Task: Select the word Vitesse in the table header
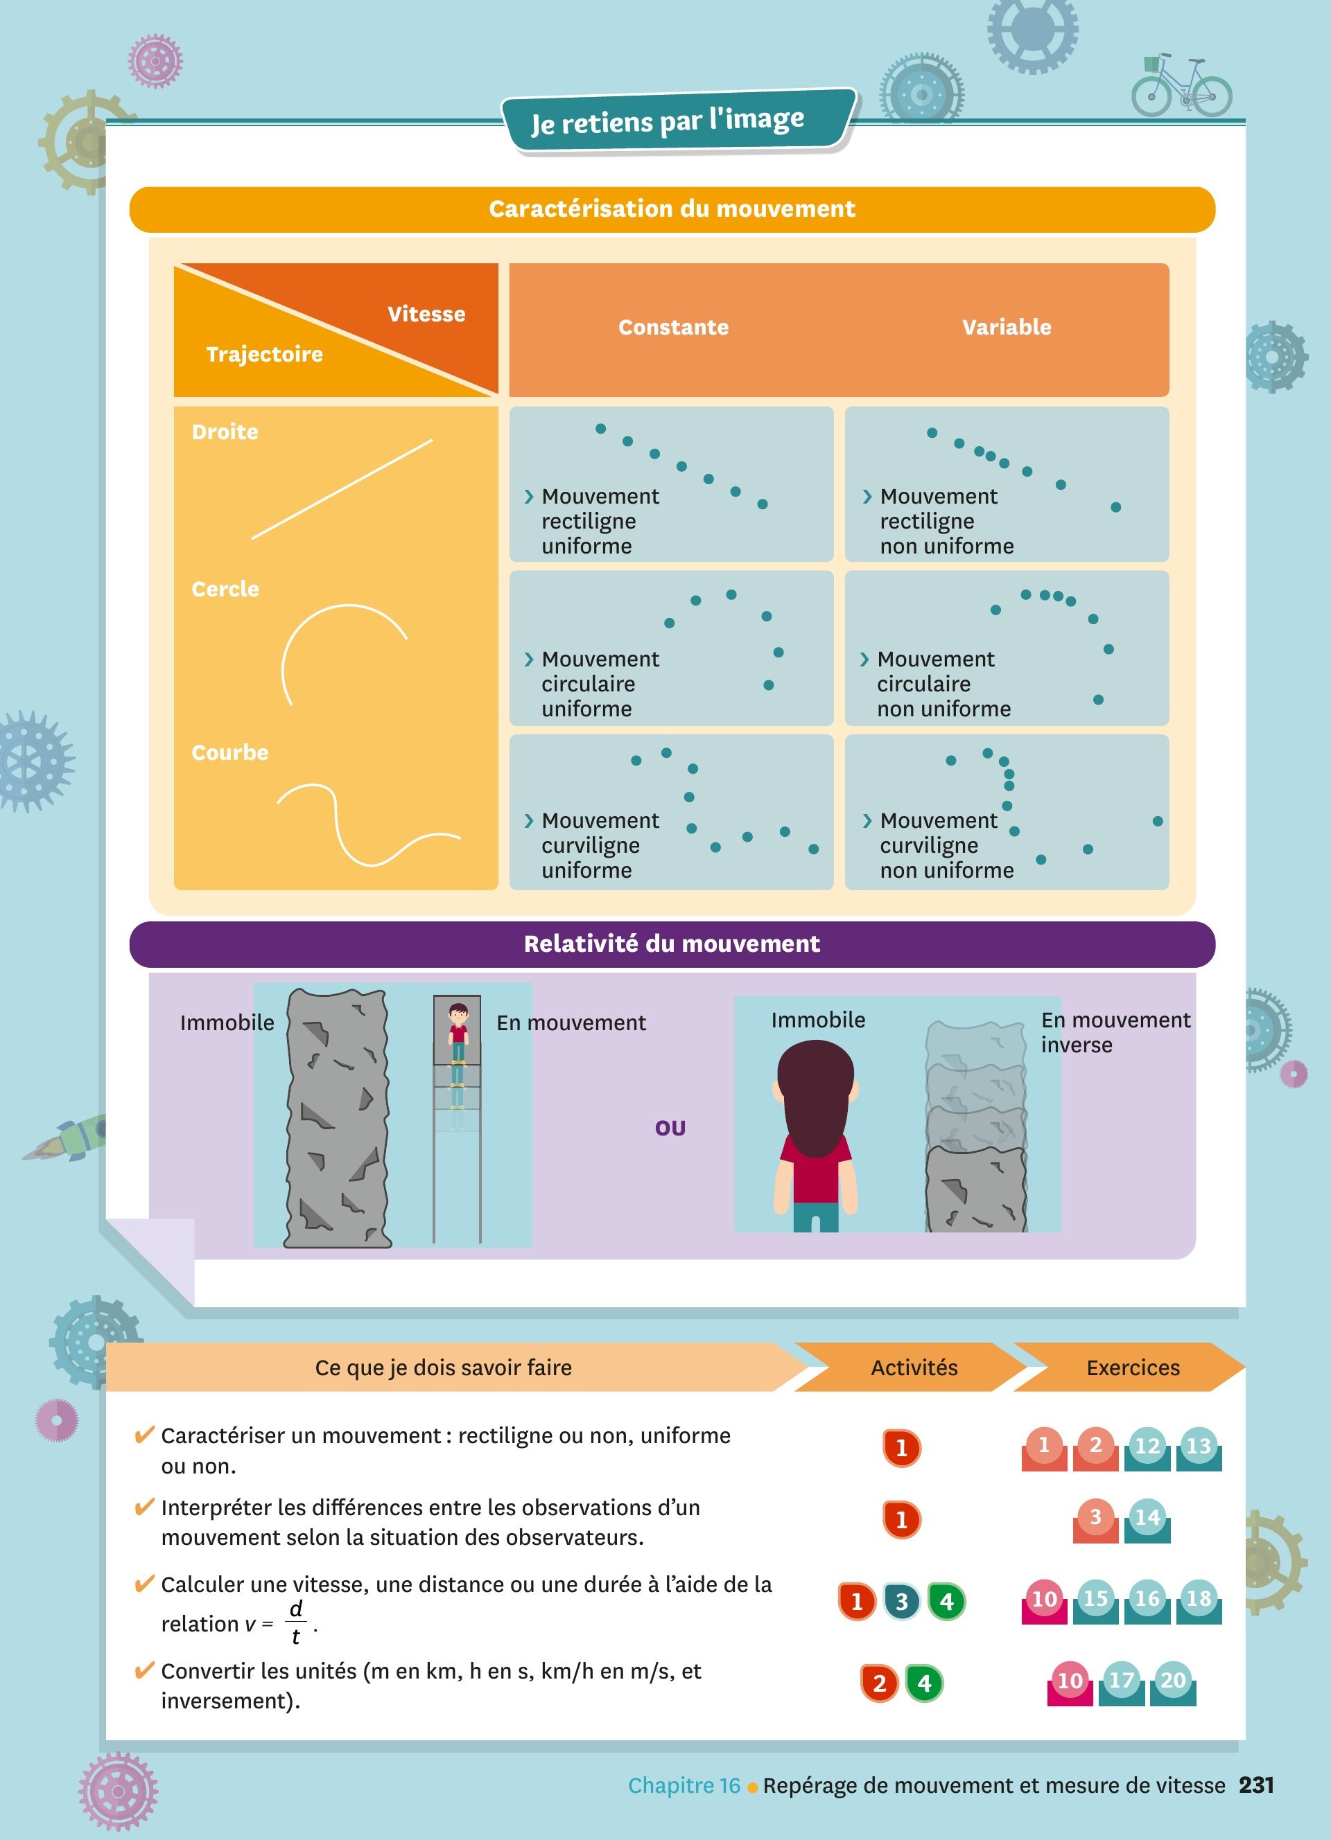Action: (426, 314)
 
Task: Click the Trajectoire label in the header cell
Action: (265, 354)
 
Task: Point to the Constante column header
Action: (674, 327)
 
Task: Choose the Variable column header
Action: (1007, 327)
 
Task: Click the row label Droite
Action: (225, 432)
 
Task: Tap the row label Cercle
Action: (225, 589)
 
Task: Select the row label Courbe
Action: (229, 752)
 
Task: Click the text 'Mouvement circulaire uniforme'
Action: (600, 683)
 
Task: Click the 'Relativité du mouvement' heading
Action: (672, 944)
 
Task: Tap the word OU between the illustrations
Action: (670, 1128)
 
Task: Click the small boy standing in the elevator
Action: (458, 1034)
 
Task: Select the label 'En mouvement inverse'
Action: (1116, 1032)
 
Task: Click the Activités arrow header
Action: (914, 1367)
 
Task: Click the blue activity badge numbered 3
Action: (902, 1602)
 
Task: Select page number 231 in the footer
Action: (1256, 1785)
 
